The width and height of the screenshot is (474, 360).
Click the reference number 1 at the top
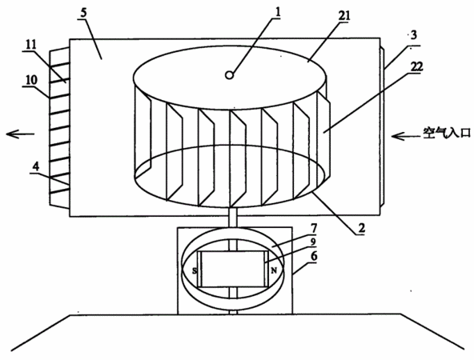278,11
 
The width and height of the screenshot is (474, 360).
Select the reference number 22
416,66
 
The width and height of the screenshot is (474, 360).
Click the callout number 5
84,13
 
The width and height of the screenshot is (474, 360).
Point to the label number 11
31,45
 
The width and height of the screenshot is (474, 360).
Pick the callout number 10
31,80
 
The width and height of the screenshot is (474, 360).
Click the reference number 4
36,166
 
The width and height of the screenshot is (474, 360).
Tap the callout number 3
413,35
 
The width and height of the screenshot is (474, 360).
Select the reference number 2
361,228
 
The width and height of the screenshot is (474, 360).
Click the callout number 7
313,228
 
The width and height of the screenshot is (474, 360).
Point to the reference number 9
313,242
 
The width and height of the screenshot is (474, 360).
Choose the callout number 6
314,257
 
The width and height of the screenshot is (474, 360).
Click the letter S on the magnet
195,270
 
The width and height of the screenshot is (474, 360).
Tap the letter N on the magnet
274,270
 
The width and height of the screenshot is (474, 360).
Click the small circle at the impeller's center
230,75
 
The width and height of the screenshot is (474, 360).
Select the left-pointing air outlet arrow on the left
20,134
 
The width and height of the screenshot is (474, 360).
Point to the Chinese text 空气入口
447,133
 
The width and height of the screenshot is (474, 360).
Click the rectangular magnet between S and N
232,269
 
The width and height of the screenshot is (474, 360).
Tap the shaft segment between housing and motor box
233,217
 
